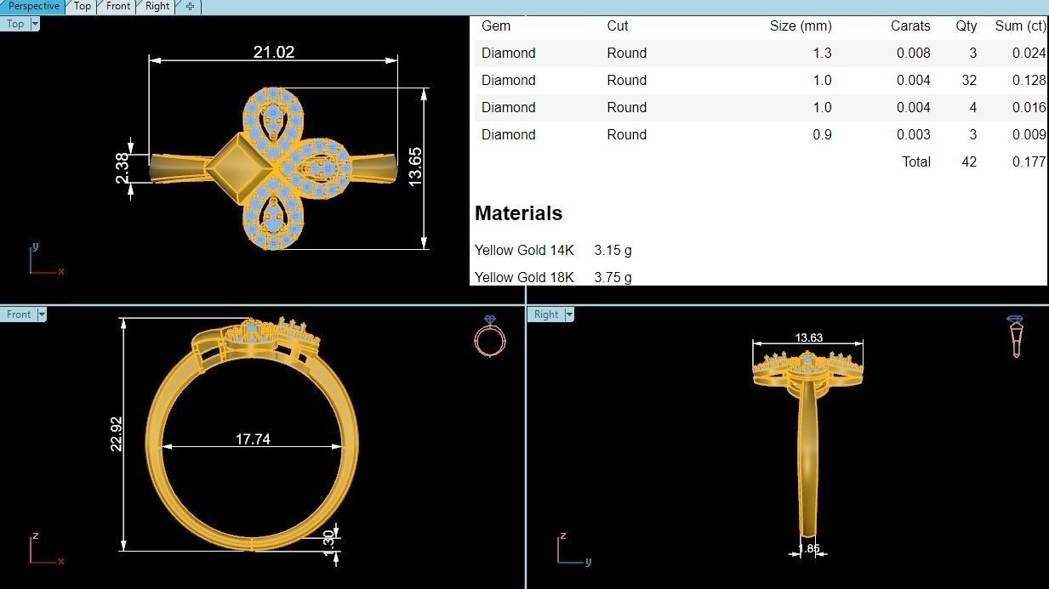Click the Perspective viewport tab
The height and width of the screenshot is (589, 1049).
coord(33,6)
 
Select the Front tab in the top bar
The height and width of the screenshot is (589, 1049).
coord(118,6)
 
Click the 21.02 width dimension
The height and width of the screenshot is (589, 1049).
coord(273,52)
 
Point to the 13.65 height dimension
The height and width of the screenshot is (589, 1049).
coord(415,167)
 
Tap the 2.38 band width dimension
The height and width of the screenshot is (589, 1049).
coord(123,167)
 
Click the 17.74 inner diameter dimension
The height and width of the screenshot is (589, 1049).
coord(253,439)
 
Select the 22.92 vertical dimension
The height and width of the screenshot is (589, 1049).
coord(117,433)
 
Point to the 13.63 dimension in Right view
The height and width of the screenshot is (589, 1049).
coord(808,337)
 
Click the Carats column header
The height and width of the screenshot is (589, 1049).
coord(910,25)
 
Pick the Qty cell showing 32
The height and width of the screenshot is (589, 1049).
coord(968,80)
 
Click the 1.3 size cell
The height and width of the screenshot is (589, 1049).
coord(822,53)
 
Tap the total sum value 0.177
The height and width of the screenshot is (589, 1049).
coord(1029,161)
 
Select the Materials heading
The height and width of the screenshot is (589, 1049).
coord(518,213)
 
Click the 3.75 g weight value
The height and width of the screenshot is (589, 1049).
coord(613,277)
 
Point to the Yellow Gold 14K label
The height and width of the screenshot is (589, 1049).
coord(524,250)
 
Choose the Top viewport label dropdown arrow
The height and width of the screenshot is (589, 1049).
coord(35,24)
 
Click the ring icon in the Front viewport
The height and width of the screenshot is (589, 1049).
coord(489,337)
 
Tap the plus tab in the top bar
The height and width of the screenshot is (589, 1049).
coord(190,6)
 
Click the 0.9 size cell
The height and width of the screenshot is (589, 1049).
coord(822,134)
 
